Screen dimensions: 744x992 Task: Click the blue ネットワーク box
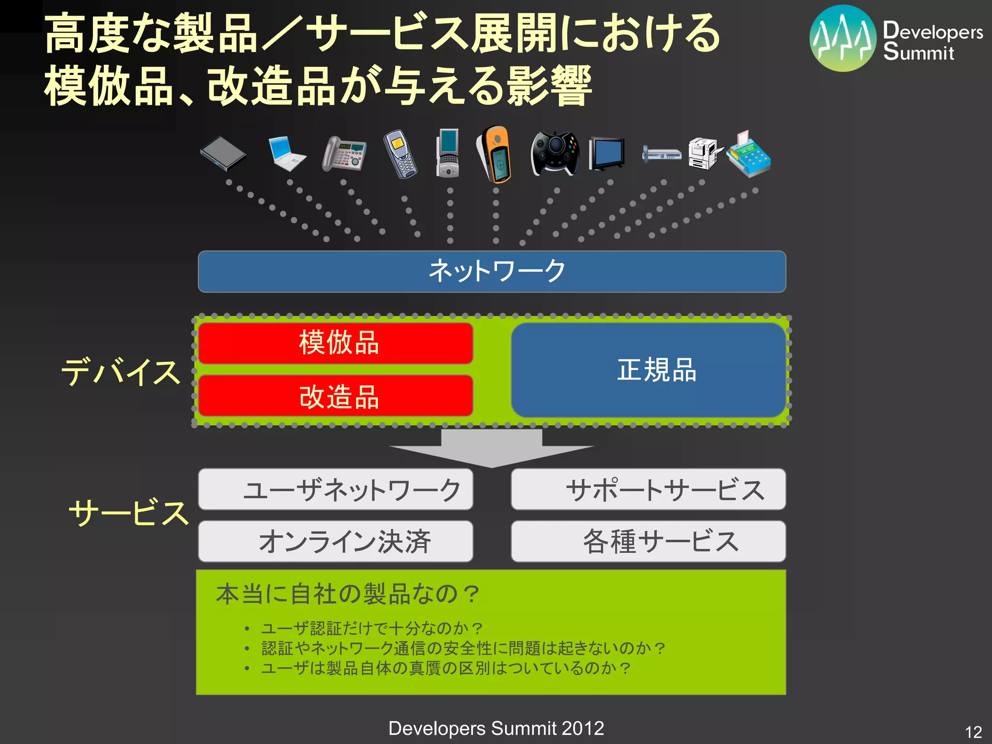pos(492,271)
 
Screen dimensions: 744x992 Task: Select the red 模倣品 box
pos(336,343)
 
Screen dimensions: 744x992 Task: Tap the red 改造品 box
pos(336,396)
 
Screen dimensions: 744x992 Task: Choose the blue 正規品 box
pos(648,370)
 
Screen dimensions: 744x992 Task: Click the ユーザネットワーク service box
pos(336,489)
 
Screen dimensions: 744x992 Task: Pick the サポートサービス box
pos(648,489)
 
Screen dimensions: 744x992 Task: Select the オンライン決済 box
pos(336,541)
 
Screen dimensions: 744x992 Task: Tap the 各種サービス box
pos(648,541)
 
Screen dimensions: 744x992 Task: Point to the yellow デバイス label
pos(120,372)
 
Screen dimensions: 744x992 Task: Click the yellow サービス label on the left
pos(128,512)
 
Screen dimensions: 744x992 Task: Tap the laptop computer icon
pos(287,154)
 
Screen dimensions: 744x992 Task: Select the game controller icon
pos(555,154)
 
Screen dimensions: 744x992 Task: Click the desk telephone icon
pos(344,154)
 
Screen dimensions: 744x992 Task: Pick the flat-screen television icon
pos(606,154)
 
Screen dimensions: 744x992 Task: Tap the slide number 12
pos(973,731)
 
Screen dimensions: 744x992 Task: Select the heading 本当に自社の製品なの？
pos(347,594)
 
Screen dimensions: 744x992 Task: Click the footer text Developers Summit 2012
pos(496,728)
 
